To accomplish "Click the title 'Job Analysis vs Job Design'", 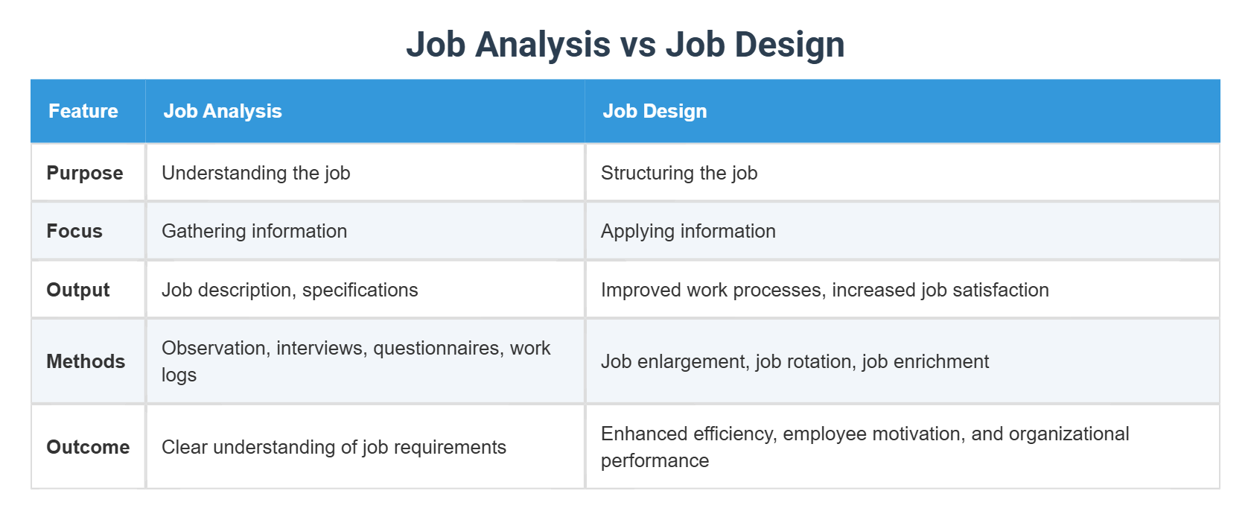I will [x=625, y=45].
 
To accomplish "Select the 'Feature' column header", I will [x=83, y=111].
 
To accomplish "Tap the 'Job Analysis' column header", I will [x=223, y=111].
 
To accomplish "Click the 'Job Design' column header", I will [x=655, y=111].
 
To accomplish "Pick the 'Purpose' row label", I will [x=85, y=173].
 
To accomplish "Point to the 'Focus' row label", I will [x=74, y=231].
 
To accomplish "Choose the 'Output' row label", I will [x=78, y=290].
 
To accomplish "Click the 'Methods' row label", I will [x=86, y=361].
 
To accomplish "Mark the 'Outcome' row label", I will [x=88, y=447].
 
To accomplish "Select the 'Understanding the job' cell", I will [x=255, y=173].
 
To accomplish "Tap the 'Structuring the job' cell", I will [x=679, y=173].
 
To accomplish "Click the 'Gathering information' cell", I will [x=254, y=231].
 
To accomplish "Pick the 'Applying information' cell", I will [x=688, y=231].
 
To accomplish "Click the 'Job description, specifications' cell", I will [x=290, y=290].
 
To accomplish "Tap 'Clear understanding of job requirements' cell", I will [x=334, y=447].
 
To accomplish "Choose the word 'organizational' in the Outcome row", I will [x=1069, y=434].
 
